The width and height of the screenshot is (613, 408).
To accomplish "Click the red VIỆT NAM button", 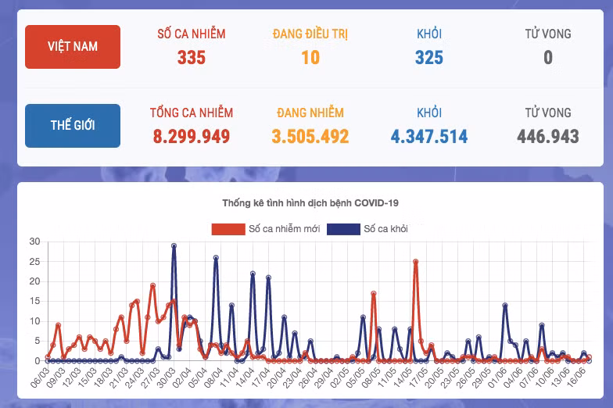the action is (x=73, y=47).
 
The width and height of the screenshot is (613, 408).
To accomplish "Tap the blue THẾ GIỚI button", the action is (x=73, y=126).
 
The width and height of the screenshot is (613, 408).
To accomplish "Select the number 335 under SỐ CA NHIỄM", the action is (x=191, y=58).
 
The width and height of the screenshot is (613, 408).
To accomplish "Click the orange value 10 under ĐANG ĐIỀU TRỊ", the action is (x=310, y=58).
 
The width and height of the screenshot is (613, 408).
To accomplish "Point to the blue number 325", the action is (x=428, y=58).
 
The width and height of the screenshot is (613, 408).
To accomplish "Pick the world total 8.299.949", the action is (x=191, y=137).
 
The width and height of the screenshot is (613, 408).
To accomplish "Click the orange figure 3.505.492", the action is (x=310, y=137).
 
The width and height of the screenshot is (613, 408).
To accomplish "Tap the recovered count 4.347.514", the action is (x=428, y=137).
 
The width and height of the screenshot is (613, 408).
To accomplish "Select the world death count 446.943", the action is (x=547, y=137).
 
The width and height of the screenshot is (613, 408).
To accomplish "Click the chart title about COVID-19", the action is (x=310, y=203).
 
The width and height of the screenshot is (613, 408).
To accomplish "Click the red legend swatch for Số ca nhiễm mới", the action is (x=228, y=229).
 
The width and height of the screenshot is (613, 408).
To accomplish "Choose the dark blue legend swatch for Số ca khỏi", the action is (x=343, y=229).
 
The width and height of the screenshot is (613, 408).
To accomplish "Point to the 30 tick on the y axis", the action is (x=34, y=242).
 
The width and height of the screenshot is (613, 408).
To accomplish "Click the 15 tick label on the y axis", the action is (x=34, y=301).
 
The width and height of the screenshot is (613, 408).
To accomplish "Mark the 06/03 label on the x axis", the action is (x=40, y=378).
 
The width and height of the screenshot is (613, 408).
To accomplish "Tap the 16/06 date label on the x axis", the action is (x=577, y=378).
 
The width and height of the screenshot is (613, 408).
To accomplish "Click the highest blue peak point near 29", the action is (x=174, y=245).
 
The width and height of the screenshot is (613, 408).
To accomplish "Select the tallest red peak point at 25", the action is (x=416, y=262).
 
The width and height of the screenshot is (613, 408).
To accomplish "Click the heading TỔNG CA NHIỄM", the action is (x=191, y=113).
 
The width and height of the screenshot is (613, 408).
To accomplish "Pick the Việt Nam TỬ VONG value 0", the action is (x=547, y=58).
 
